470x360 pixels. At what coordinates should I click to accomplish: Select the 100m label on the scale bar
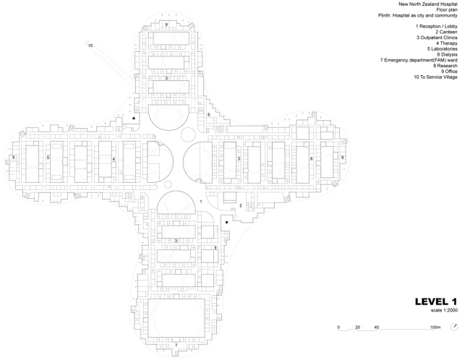pyautogui.click(x=435, y=327)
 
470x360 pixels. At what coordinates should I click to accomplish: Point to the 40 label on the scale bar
pyautogui.click(x=377, y=327)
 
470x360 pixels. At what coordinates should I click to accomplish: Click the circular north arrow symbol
pyautogui.click(x=453, y=327)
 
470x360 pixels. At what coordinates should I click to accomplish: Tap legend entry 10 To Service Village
pyautogui.click(x=435, y=77)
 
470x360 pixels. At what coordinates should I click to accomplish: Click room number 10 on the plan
pyautogui.click(x=90, y=46)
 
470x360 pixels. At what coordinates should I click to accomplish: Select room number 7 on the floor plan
pyautogui.click(x=176, y=346)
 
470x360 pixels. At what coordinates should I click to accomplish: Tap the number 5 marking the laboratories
pyautogui.click(x=48, y=157)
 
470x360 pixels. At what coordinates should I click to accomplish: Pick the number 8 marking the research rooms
pyautogui.click(x=312, y=158)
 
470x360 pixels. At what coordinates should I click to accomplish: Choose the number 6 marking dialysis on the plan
pyautogui.click(x=208, y=114)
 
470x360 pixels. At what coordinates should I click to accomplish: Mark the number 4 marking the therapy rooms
pyautogui.click(x=113, y=158)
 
